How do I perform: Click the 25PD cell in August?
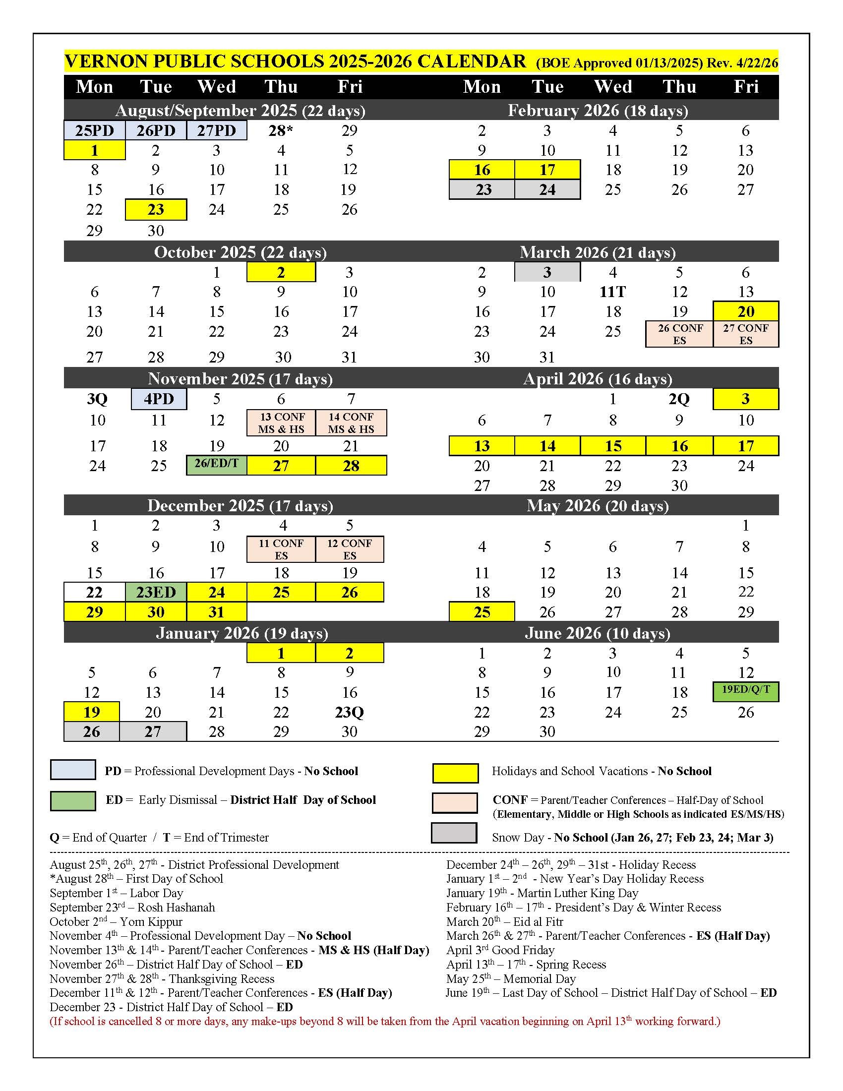(94, 130)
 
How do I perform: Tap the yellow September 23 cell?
(156, 209)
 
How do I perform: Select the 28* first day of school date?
(281, 130)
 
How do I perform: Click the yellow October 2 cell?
(281, 272)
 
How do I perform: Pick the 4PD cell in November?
(159, 399)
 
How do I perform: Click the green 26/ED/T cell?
(216, 464)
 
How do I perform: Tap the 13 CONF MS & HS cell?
(281, 423)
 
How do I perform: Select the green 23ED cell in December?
(156, 592)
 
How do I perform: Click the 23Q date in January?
(349, 712)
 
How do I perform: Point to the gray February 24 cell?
(547, 190)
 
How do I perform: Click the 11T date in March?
(613, 292)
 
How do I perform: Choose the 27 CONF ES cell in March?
(746, 334)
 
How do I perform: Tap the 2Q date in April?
(679, 399)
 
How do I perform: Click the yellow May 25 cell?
(482, 612)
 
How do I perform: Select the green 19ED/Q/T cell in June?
(746, 691)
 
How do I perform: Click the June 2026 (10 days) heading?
(598, 633)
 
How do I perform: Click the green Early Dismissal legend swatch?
(73, 800)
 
